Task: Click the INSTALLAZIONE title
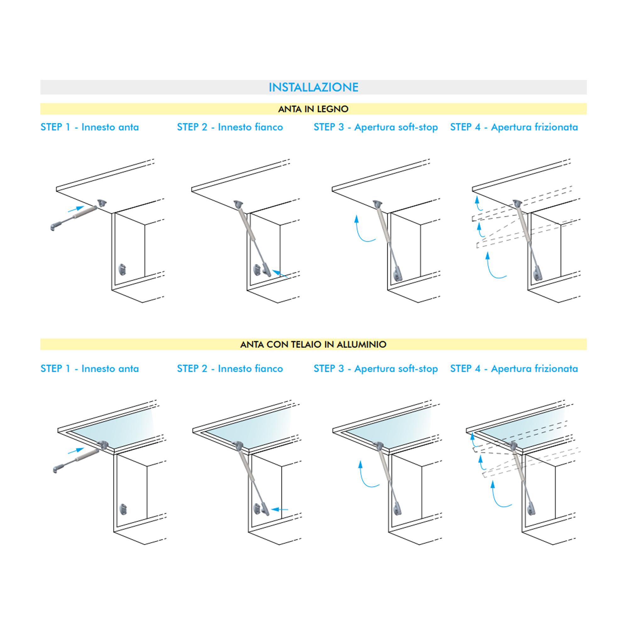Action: tap(313, 87)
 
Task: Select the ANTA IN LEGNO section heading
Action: tap(313, 109)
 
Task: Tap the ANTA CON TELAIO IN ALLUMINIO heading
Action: tap(313, 344)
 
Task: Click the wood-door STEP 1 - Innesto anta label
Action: tap(90, 127)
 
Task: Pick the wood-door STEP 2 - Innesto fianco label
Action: tap(230, 127)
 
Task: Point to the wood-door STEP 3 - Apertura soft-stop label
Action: tap(376, 127)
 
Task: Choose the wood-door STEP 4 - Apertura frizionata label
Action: tap(514, 127)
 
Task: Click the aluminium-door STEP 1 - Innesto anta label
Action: tap(90, 369)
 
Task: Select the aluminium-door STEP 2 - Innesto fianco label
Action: tap(230, 369)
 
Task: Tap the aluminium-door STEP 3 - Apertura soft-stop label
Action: tap(376, 369)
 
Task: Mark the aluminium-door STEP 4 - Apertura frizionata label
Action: tap(514, 369)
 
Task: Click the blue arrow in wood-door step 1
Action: tap(76, 209)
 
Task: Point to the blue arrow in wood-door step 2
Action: tap(280, 274)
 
